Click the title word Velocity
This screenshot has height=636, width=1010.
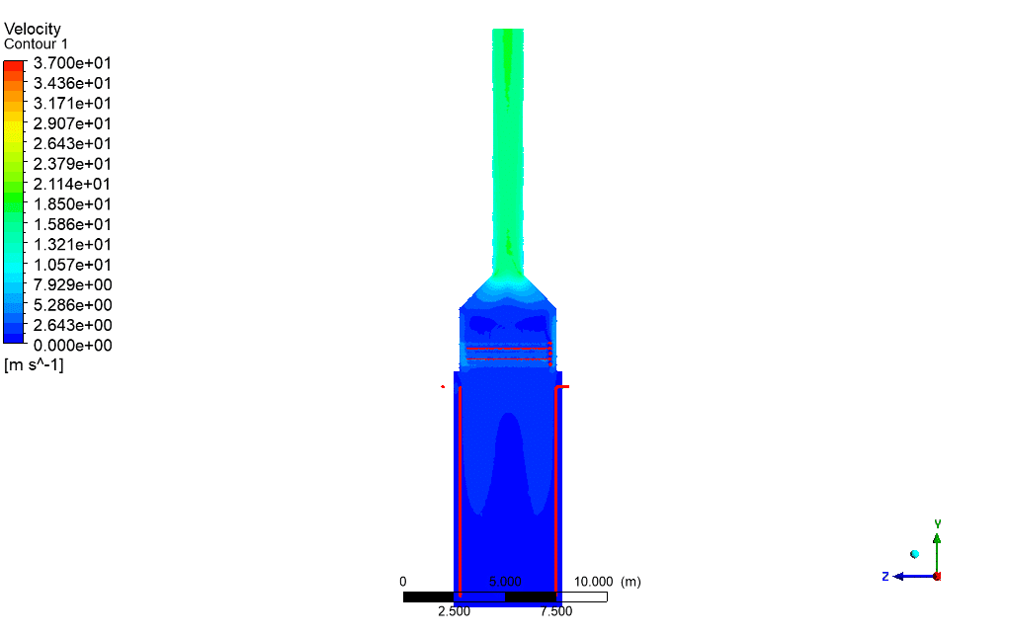click(33, 29)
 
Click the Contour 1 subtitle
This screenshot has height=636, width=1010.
click(36, 43)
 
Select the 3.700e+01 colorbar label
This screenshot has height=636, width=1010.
click(72, 63)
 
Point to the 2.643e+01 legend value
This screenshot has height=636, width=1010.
click(72, 143)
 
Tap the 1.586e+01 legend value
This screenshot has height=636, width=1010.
click(72, 224)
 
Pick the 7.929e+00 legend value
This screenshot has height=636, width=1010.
click(72, 284)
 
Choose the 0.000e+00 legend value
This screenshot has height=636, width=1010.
click(72, 345)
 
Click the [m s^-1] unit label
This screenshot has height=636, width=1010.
click(34, 365)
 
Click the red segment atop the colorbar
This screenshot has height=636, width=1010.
click(14, 65)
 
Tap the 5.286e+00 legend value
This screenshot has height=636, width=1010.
click(72, 304)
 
